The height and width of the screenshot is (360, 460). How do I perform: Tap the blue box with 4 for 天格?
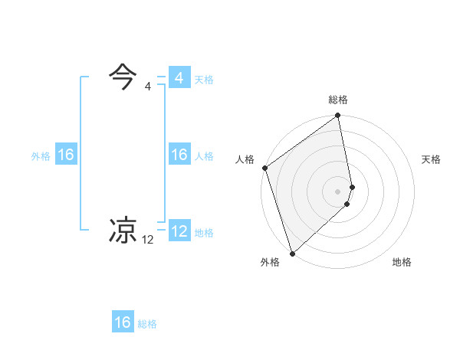pos(179,78)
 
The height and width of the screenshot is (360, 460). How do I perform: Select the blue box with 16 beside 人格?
pos(179,155)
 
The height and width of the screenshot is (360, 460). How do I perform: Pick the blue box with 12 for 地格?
pos(179,231)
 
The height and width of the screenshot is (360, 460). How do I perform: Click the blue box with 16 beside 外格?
pos(66,155)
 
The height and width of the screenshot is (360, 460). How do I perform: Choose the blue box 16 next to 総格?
pos(123,322)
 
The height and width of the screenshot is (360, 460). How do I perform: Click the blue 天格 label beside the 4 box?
pos(204,79)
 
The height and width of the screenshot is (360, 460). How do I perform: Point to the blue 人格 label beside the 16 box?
pos(204,155)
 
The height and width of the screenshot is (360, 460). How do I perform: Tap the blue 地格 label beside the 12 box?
pos(204,232)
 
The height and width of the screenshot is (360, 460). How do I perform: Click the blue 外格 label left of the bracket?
pos(41,155)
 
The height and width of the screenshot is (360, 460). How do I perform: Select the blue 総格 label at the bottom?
pos(147,323)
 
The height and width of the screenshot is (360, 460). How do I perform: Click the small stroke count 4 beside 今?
pos(148,87)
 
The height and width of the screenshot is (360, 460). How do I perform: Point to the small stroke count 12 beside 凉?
pos(148,239)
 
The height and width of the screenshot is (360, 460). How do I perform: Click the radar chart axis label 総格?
pos(338,100)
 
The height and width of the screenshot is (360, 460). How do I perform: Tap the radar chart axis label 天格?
pos(431,159)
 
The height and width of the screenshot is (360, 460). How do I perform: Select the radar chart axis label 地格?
pos(402,262)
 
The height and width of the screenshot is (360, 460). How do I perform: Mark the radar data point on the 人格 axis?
pos(264,168)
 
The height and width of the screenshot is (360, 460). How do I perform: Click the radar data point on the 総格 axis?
pos(338,116)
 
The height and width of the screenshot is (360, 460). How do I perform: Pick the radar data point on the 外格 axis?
pos(292,253)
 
